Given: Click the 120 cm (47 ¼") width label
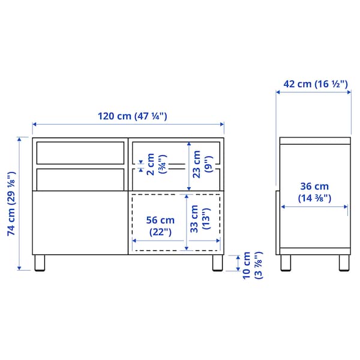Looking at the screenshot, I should pyautogui.click(x=128, y=116).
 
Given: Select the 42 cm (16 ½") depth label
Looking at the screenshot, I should pyautogui.click(x=315, y=84).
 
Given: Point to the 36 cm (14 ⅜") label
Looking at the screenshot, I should pyautogui.click(x=315, y=192).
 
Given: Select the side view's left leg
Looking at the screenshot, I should pyautogui.click(x=286, y=263).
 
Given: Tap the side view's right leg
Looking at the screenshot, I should pyautogui.click(x=344, y=263).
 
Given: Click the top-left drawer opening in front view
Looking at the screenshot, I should pyautogui.click(x=80, y=152).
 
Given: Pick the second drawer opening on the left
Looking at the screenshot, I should pyautogui.click(x=80, y=178).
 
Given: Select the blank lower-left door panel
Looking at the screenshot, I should pyautogui.click(x=80, y=222).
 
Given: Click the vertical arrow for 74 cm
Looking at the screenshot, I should pyautogui.click(x=22, y=204).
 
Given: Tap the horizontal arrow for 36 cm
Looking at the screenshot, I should pyautogui.click(x=315, y=207).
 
